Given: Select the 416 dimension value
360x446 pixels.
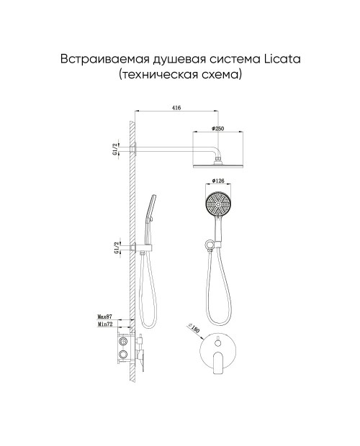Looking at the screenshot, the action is coord(176,108).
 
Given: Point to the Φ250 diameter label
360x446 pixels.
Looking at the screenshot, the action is coord(218,129).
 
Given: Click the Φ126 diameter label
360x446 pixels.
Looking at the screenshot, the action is coord(218,181).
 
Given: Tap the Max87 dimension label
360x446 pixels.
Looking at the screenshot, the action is coord(105,317).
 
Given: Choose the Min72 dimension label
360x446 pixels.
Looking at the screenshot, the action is coord(105,324).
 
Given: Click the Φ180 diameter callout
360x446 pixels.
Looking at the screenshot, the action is coord(194,329).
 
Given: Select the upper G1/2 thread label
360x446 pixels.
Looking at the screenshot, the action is coord(114,150).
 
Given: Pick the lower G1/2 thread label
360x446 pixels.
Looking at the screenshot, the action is coord(116,247).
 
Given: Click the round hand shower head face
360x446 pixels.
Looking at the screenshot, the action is coord(218,204).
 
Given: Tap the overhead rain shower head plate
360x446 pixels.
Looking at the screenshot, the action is coord(218,166).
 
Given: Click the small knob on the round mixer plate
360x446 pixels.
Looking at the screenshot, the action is coord(217,343).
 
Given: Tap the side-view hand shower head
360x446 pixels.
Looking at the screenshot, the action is coord(150,207).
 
